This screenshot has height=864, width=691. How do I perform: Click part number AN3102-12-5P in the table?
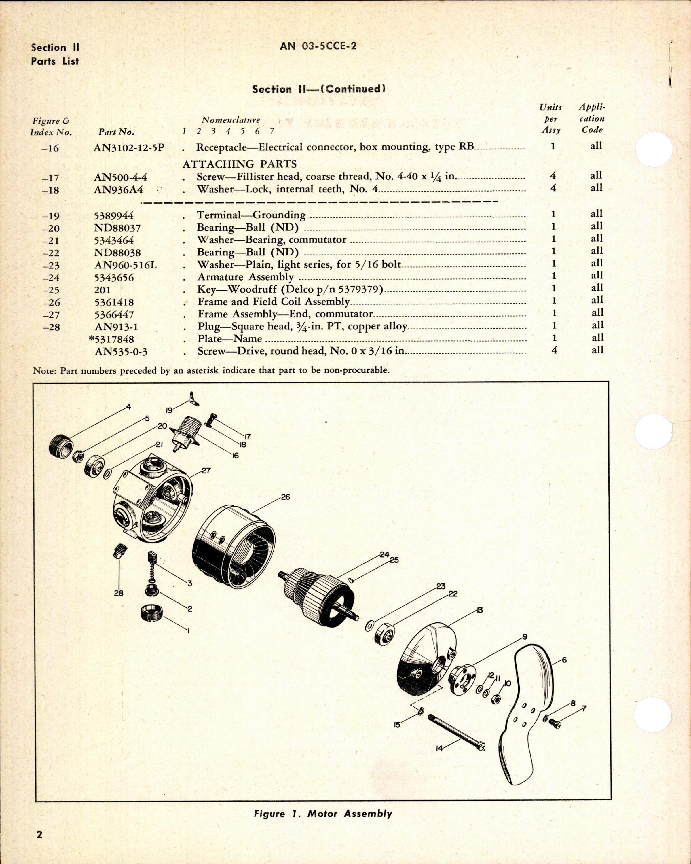[129, 147]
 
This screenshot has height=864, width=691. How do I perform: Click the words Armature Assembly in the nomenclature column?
[245, 277]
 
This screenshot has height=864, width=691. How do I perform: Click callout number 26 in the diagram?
[285, 497]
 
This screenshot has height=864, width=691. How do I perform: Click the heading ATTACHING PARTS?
[239, 164]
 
